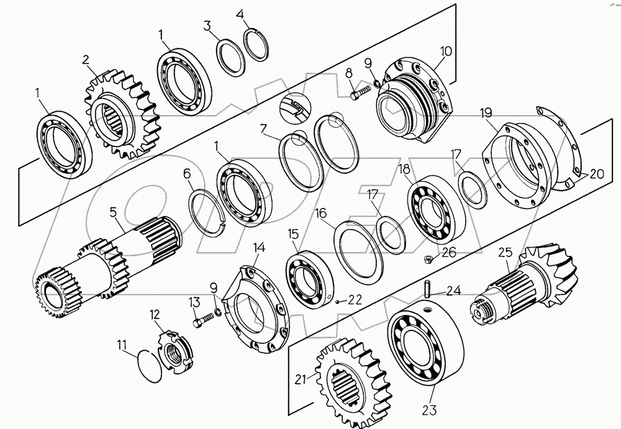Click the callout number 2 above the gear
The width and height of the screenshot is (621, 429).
(x=86, y=60)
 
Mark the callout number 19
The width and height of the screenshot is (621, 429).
(x=486, y=112)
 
